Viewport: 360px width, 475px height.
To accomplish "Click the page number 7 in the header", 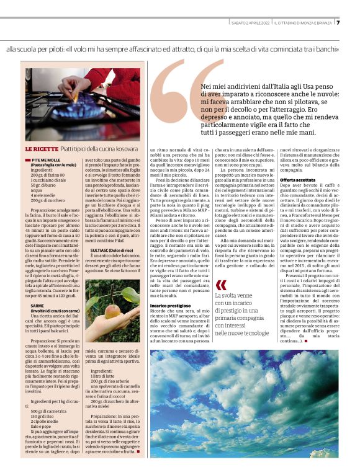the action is tap(338, 23).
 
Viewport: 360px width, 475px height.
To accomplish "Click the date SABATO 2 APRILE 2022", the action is tap(249, 24).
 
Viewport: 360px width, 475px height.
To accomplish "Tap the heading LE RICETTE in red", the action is tap(42, 149).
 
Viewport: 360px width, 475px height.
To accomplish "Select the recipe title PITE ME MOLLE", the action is tap(48, 160).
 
